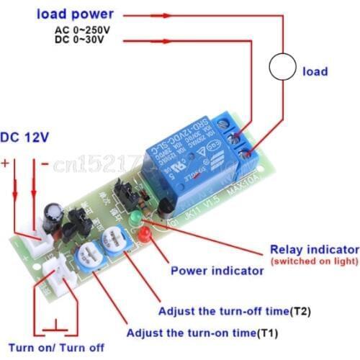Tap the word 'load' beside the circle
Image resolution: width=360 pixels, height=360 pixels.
tap(315, 71)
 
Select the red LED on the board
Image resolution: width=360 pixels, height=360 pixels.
tap(145, 234)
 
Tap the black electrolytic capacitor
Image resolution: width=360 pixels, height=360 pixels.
tap(50, 213)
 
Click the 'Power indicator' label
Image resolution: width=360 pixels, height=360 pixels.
tap(216, 271)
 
